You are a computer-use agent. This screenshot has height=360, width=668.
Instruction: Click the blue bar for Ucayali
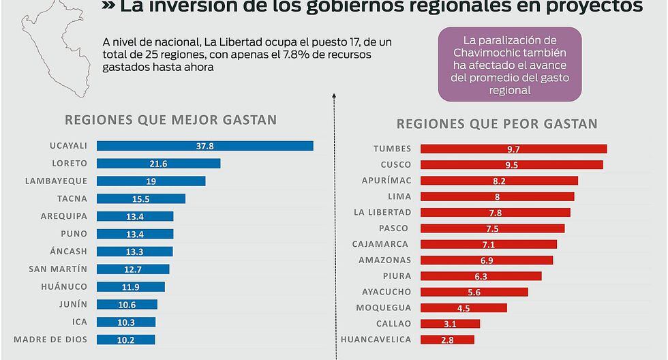point(204,146)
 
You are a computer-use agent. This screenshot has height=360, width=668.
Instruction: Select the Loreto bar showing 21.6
point(158,164)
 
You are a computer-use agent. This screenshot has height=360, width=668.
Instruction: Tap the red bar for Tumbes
point(513,149)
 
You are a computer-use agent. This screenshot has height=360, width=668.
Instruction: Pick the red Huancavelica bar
point(447,340)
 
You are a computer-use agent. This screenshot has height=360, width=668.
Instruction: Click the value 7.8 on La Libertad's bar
point(496,213)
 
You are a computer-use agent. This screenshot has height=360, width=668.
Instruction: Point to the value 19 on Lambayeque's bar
point(151,181)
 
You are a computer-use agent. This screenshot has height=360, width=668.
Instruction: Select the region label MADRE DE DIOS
point(50,340)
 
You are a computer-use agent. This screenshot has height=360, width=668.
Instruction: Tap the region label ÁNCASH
point(68,252)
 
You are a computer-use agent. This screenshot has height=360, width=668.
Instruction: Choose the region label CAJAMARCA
point(380,244)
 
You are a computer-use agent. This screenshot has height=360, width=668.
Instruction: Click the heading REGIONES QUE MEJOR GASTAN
point(170,120)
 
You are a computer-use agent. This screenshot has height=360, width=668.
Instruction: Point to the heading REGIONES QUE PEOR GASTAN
point(497,124)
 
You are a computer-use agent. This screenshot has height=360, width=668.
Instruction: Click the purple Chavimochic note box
point(510,65)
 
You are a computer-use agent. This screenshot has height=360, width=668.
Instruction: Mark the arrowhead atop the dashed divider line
point(335,95)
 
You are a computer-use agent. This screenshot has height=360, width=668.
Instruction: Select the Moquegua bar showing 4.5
point(464,308)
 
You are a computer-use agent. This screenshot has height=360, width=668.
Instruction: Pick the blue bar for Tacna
point(141,199)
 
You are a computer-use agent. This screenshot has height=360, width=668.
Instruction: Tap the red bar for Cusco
point(511,165)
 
